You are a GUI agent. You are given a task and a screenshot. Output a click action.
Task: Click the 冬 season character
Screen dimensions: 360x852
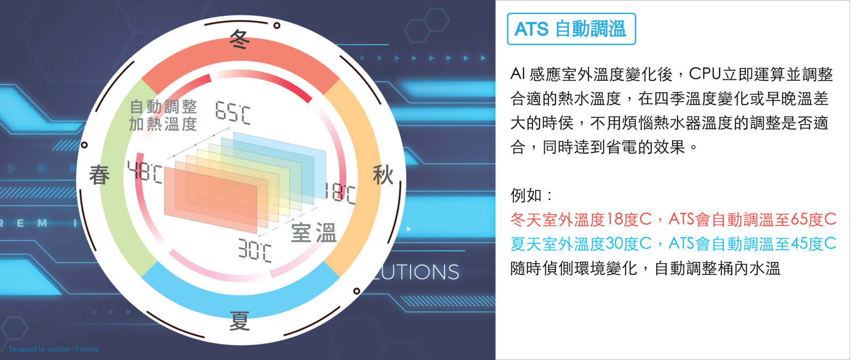click(240, 39)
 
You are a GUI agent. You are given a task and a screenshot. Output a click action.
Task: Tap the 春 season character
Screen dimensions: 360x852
click(100, 175)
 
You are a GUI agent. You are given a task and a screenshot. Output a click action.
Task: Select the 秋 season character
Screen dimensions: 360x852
click(383, 175)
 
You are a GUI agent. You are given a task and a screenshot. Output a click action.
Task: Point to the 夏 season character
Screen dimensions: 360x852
click(240, 321)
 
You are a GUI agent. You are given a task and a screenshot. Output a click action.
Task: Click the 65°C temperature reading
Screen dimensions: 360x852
click(233, 113)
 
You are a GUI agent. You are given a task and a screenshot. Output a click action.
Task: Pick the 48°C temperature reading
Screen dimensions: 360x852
click(145, 172)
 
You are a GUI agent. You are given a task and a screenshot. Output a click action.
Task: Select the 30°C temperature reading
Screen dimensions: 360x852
click(255, 250)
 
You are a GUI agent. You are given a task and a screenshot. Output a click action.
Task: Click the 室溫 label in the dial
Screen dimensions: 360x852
click(314, 233)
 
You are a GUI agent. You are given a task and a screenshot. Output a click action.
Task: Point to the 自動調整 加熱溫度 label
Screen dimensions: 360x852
click(163, 115)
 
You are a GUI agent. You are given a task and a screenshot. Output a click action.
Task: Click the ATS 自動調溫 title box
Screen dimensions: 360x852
click(571, 29)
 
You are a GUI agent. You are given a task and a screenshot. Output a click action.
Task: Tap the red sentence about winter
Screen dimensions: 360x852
click(673, 219)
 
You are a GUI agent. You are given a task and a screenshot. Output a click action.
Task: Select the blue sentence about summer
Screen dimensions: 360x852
click(673, 243)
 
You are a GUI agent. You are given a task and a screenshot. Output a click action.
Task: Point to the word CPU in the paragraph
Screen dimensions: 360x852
click(705, 74)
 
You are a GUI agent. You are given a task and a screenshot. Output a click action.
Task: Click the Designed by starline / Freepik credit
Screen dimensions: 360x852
click(54, 349)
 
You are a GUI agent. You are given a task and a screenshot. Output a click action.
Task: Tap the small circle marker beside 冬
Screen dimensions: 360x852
click(277, 26)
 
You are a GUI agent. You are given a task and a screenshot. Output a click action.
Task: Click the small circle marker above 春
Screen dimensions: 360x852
click(84, 145)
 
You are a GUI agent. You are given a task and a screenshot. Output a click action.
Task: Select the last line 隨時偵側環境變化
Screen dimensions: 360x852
click(645, 268)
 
